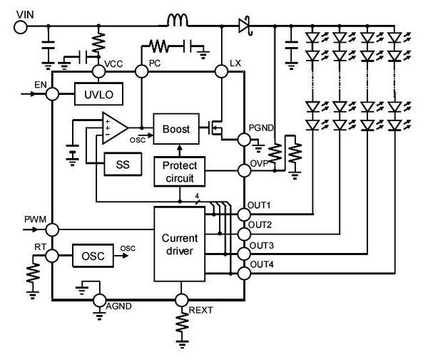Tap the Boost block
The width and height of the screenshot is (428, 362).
(x=176, y=129)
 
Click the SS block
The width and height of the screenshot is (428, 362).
(x=122, y=164)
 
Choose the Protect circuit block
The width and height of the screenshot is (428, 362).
(x=179, y=171)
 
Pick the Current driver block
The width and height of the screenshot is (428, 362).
(x=179, y=244)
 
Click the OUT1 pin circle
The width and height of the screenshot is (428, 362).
(x=243, y=213)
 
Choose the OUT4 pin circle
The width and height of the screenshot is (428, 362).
(x=243, y=271)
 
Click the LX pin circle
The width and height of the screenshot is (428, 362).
(x=221, y=71)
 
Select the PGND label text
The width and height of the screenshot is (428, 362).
(x=260, y=127)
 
